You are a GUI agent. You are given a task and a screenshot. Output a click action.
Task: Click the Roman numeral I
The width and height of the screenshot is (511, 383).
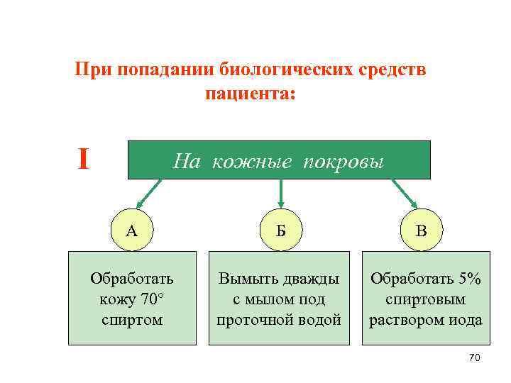click(84, 160)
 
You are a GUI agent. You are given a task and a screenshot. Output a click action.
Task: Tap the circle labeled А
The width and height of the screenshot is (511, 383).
click(131, 230)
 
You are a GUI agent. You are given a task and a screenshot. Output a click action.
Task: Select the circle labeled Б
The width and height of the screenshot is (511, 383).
click(280, 230)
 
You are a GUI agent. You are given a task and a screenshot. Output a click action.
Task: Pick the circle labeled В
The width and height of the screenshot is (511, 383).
click(422, 230)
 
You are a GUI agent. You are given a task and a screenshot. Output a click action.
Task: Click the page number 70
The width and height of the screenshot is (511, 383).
click(475, 358)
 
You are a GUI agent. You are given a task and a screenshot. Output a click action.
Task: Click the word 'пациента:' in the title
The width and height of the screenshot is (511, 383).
click(249, 94)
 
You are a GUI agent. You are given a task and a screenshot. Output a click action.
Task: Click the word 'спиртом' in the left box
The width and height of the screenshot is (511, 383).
click(132, 319)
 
